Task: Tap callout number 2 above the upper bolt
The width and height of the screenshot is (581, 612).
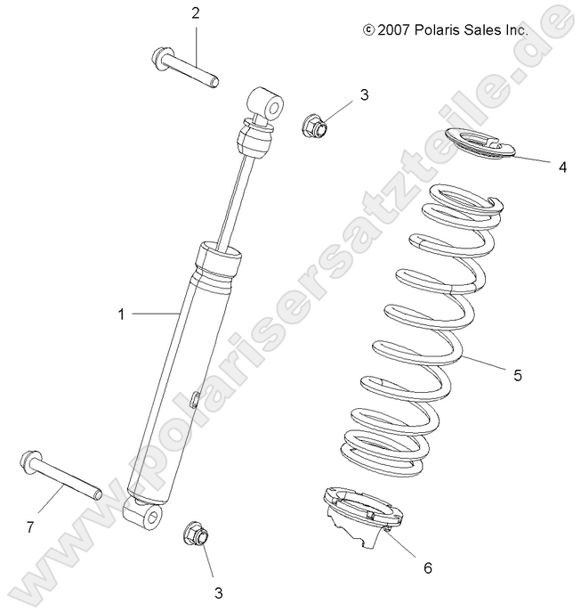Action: coord(195,12)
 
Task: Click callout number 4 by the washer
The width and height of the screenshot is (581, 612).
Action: coord(562,166)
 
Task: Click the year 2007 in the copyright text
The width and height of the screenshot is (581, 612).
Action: coord(392,30)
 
